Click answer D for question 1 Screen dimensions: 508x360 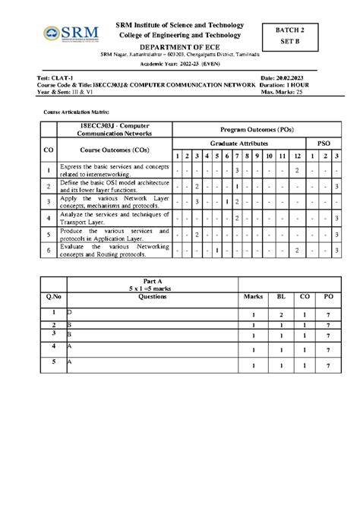[70, 312]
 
